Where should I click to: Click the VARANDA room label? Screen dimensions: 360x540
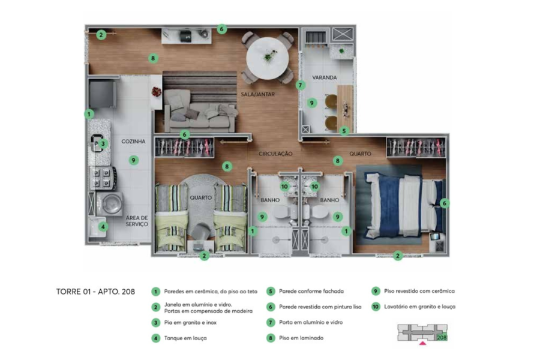pos(325,78)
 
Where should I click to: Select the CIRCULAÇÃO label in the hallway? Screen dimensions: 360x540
pos(275,154)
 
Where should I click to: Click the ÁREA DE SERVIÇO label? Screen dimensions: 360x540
pos(136,221)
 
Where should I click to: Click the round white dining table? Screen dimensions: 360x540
pos(268,58)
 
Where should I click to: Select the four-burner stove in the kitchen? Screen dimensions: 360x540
pos(102,177)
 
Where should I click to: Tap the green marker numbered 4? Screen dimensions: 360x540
pos(103,227)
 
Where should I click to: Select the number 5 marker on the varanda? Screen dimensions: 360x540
pos(344,131)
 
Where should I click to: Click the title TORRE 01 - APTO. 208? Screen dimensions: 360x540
pos(95,292)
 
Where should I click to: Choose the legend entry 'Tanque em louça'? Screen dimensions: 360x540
pos(183,338)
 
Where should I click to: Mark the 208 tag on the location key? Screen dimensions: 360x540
pos(442,338)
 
